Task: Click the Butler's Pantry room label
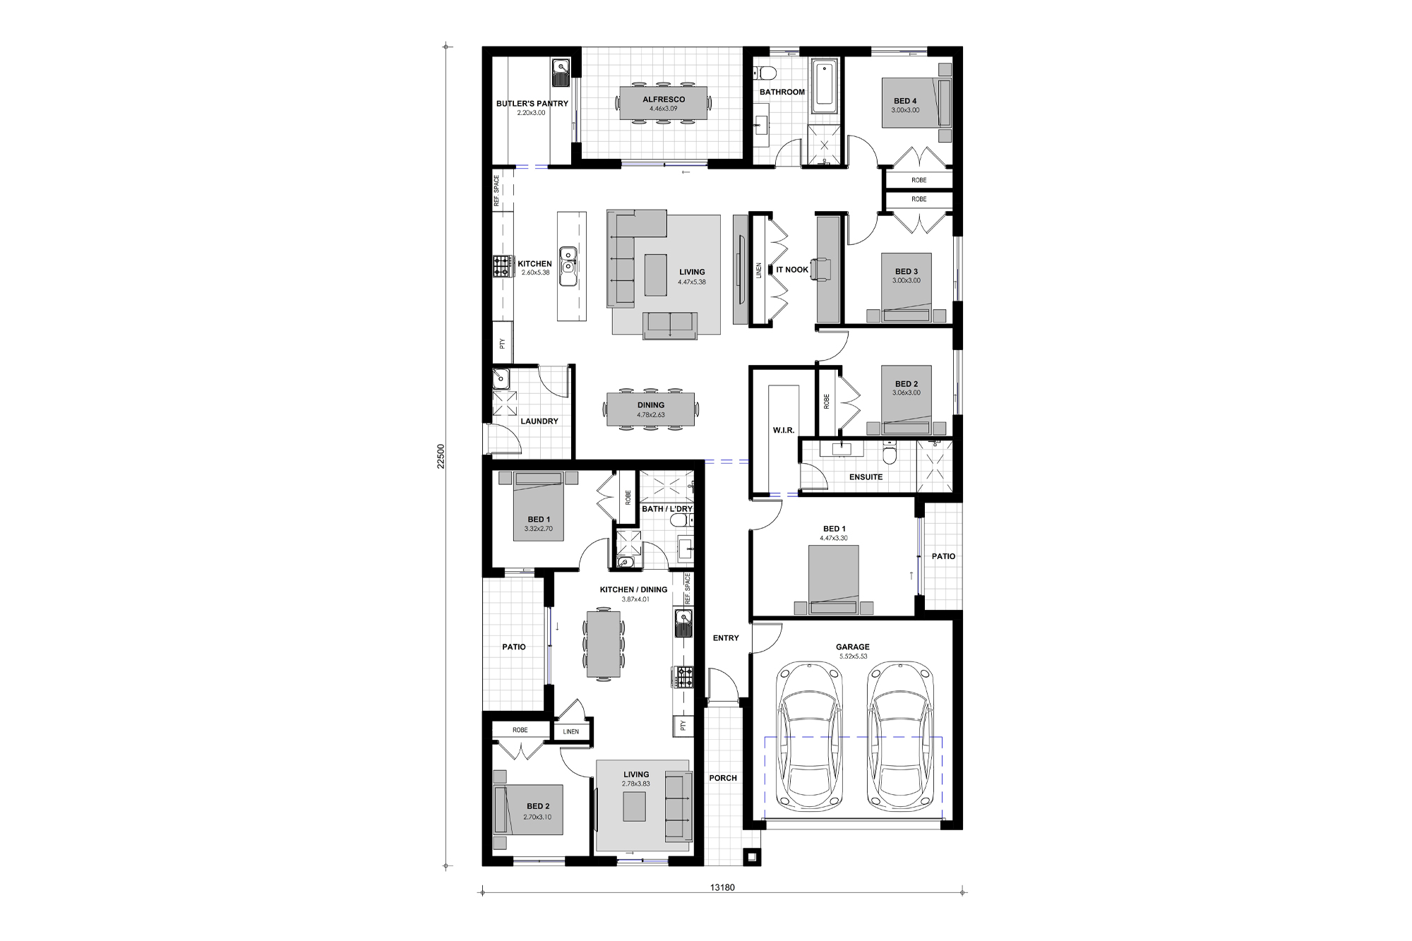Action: [532, 104]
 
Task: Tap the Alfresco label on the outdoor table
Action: [664, 100]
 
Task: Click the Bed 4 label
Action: [905, 101]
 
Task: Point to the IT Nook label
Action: [792, 270]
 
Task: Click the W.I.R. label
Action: [784, 430]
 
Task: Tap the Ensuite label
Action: [866, 477]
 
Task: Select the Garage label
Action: [853, 647]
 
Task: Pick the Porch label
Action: [723, 778]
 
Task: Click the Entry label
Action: [726, 638]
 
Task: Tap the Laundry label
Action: [539, 421]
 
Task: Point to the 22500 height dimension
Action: [441, 456]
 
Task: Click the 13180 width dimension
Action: [722, 887]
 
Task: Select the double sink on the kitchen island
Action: [568, 266]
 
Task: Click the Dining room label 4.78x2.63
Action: [651, 406]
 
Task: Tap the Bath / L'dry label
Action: [667, 509]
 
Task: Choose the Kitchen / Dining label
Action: [633, 590]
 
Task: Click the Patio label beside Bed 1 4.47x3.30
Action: [943, 556]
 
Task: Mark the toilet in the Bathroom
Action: [766, 72]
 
